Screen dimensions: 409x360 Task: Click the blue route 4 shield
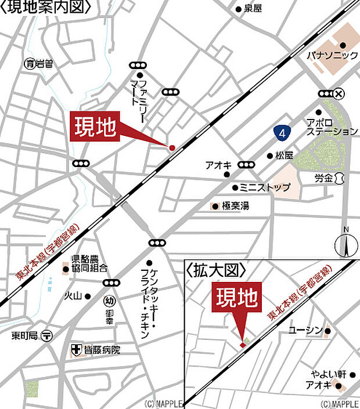pyautogui.click(x=282, y=133)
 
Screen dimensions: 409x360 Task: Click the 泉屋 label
pyautogui.click(x=253, y=9)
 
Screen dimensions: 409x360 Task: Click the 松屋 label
pyautogui.click(x=284, y=155)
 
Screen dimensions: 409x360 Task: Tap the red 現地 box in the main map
pyautogui.click(x=96, y=128)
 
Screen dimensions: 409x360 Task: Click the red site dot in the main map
pyautogui.click(x=172, y=148)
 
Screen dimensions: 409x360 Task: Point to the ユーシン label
pyautogui.click(x=305, y=331)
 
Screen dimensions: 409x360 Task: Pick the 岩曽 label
pyautogui.click(x=40, y=63)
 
